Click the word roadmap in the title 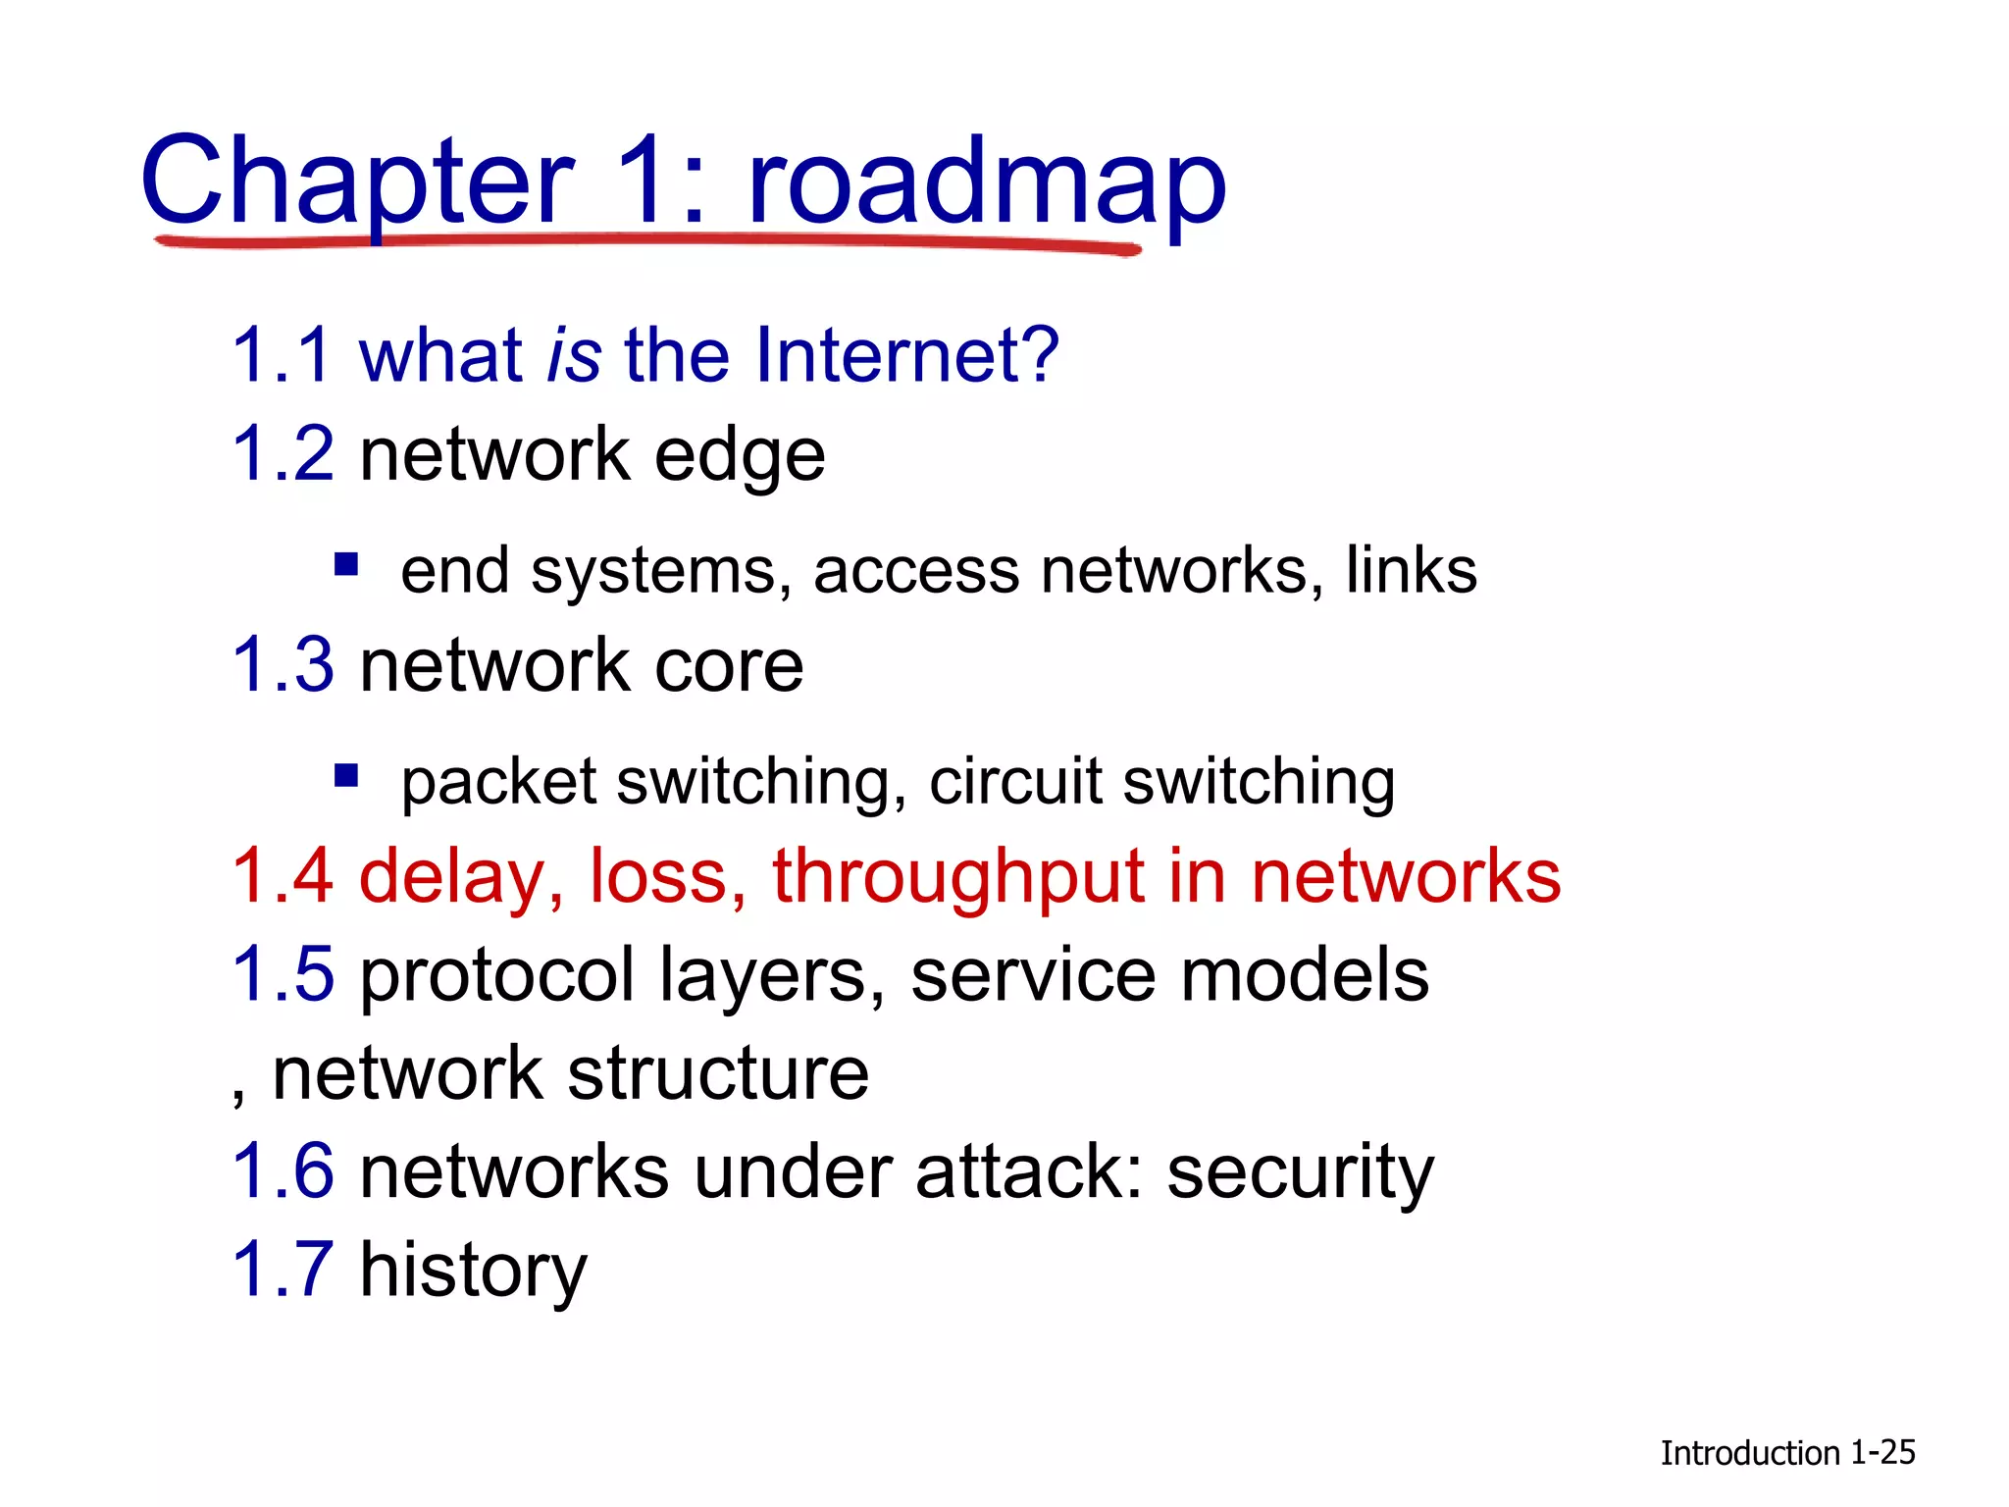986,182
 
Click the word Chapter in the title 357,182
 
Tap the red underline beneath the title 647,241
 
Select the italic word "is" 574,354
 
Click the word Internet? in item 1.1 906,354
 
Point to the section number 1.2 283,454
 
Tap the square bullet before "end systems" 345,565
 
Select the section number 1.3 283,665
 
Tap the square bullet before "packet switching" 345,776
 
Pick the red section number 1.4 283,875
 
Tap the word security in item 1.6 1300,1173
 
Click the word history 474,1271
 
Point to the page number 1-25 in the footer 1881,1453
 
